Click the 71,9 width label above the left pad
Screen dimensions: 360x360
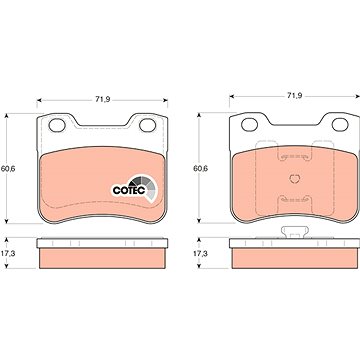[103, 99]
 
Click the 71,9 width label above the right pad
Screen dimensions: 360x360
[294, 95]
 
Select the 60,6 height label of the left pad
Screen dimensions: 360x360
[8, 168]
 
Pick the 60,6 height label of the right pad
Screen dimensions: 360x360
[200, 168]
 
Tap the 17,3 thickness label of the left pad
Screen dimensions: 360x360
[8, 253]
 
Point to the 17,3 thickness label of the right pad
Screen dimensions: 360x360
[200, 253]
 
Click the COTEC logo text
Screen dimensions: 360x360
[128, 190]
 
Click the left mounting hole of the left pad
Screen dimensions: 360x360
[57, 125]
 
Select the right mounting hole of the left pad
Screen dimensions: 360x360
[147, 125]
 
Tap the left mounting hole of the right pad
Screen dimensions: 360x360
[249, 125]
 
